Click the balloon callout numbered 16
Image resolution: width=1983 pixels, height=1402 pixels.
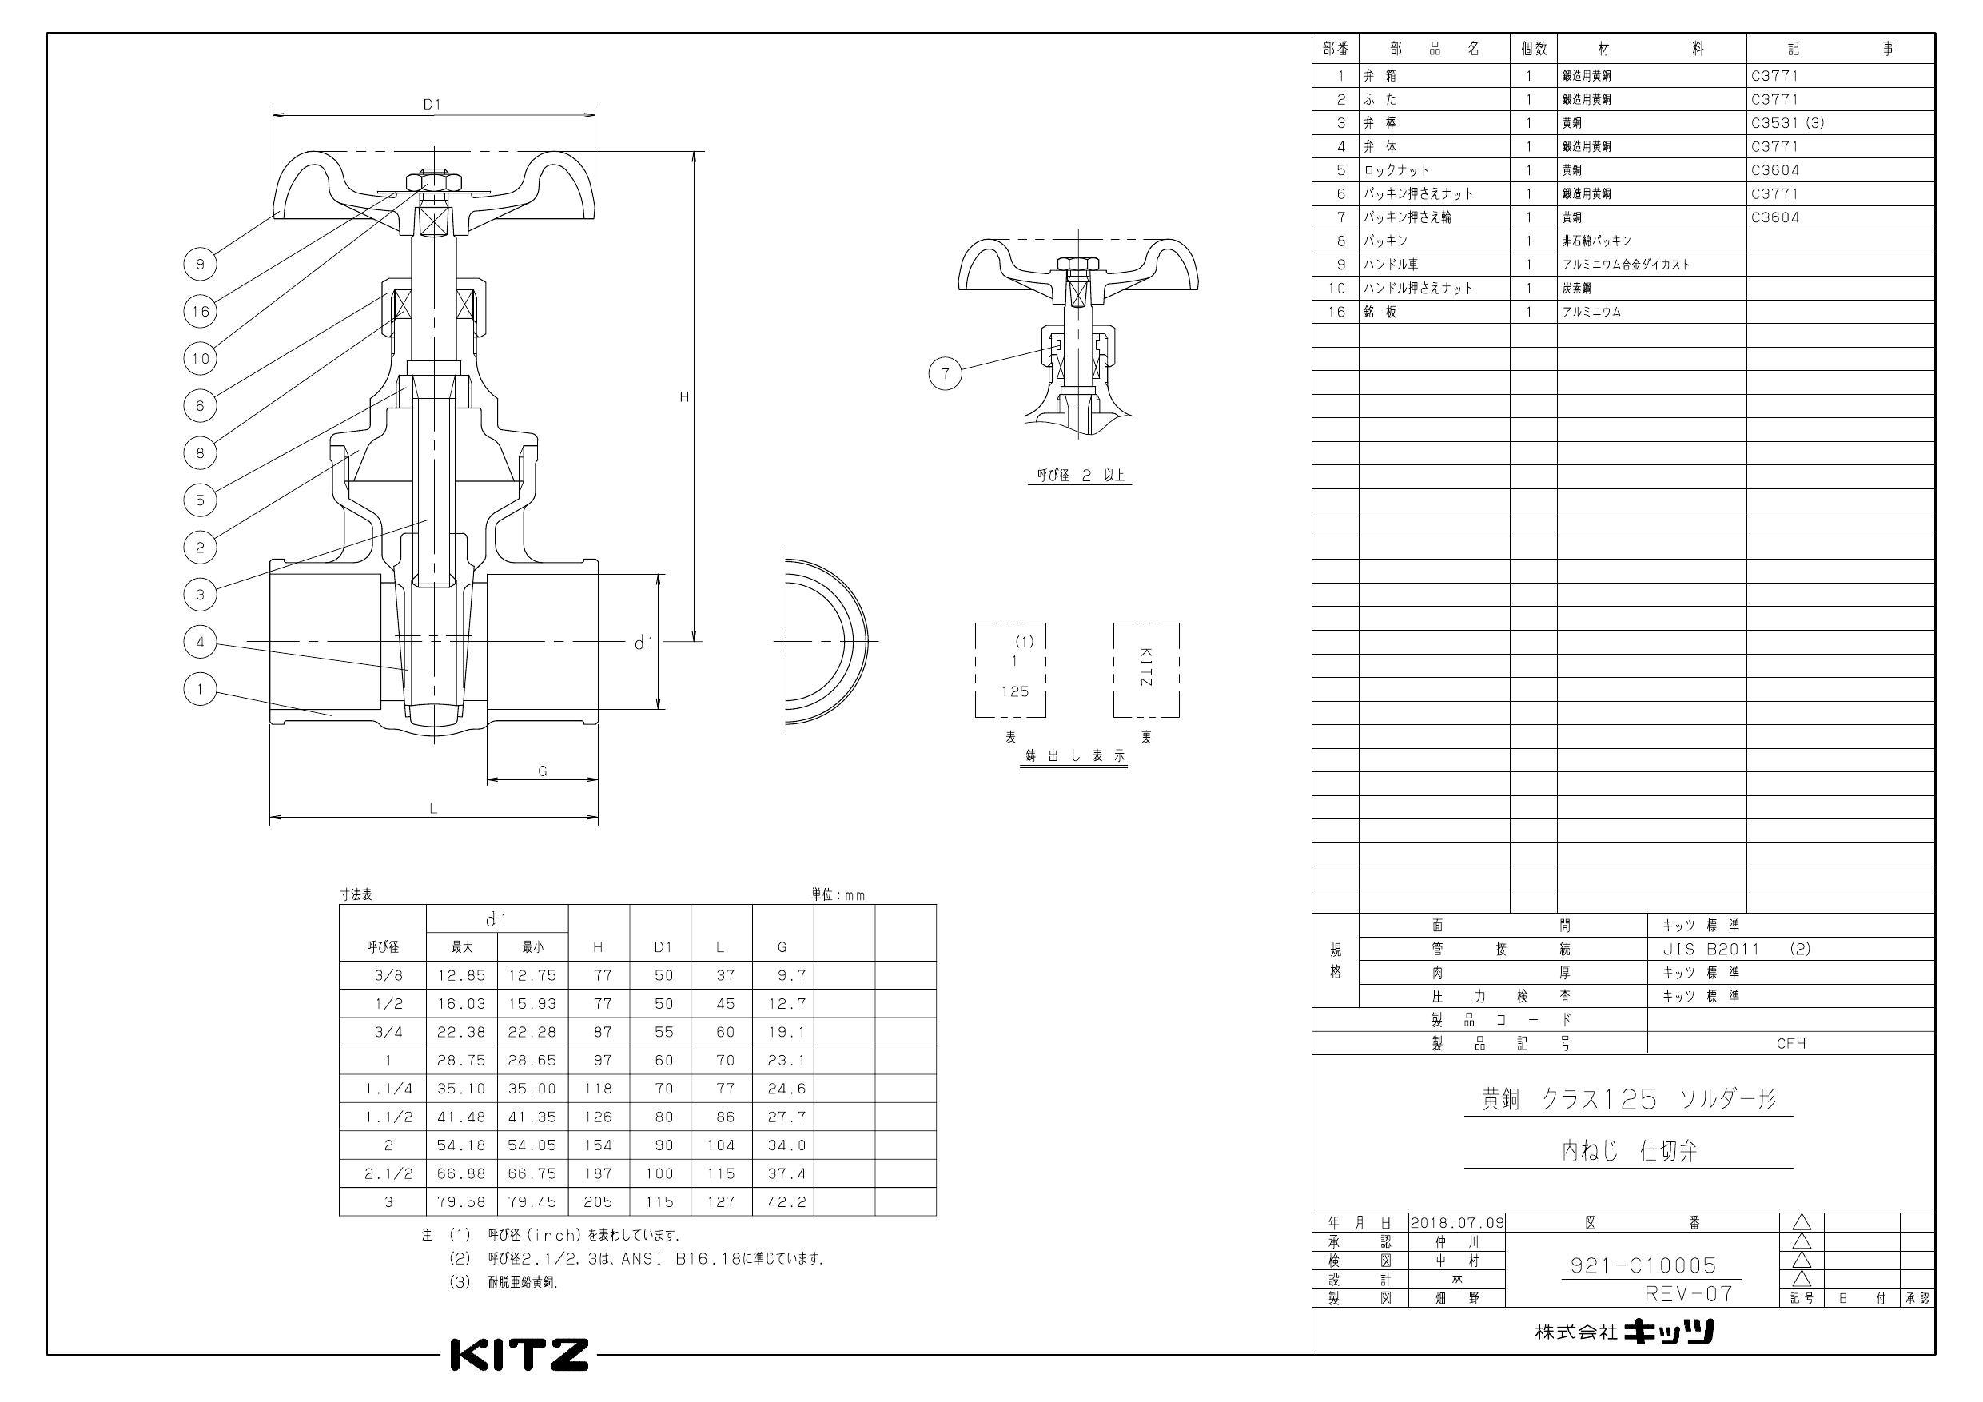tap(201, 311)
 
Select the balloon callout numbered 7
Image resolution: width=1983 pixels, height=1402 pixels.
tap(945, 373)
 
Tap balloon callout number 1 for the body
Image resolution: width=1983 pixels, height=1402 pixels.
tap(201, 688)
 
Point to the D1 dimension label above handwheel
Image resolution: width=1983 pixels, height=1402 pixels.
tap(432, 105)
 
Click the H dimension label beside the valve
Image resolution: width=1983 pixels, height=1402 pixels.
tap(683, 397)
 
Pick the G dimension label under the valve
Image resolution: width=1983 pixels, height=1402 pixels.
tap(543, 771)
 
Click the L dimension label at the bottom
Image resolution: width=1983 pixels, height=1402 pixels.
tap(433, 809)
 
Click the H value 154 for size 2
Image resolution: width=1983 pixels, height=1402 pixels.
tap(598, 1145)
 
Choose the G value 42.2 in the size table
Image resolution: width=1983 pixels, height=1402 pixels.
tap(786, 1201)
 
